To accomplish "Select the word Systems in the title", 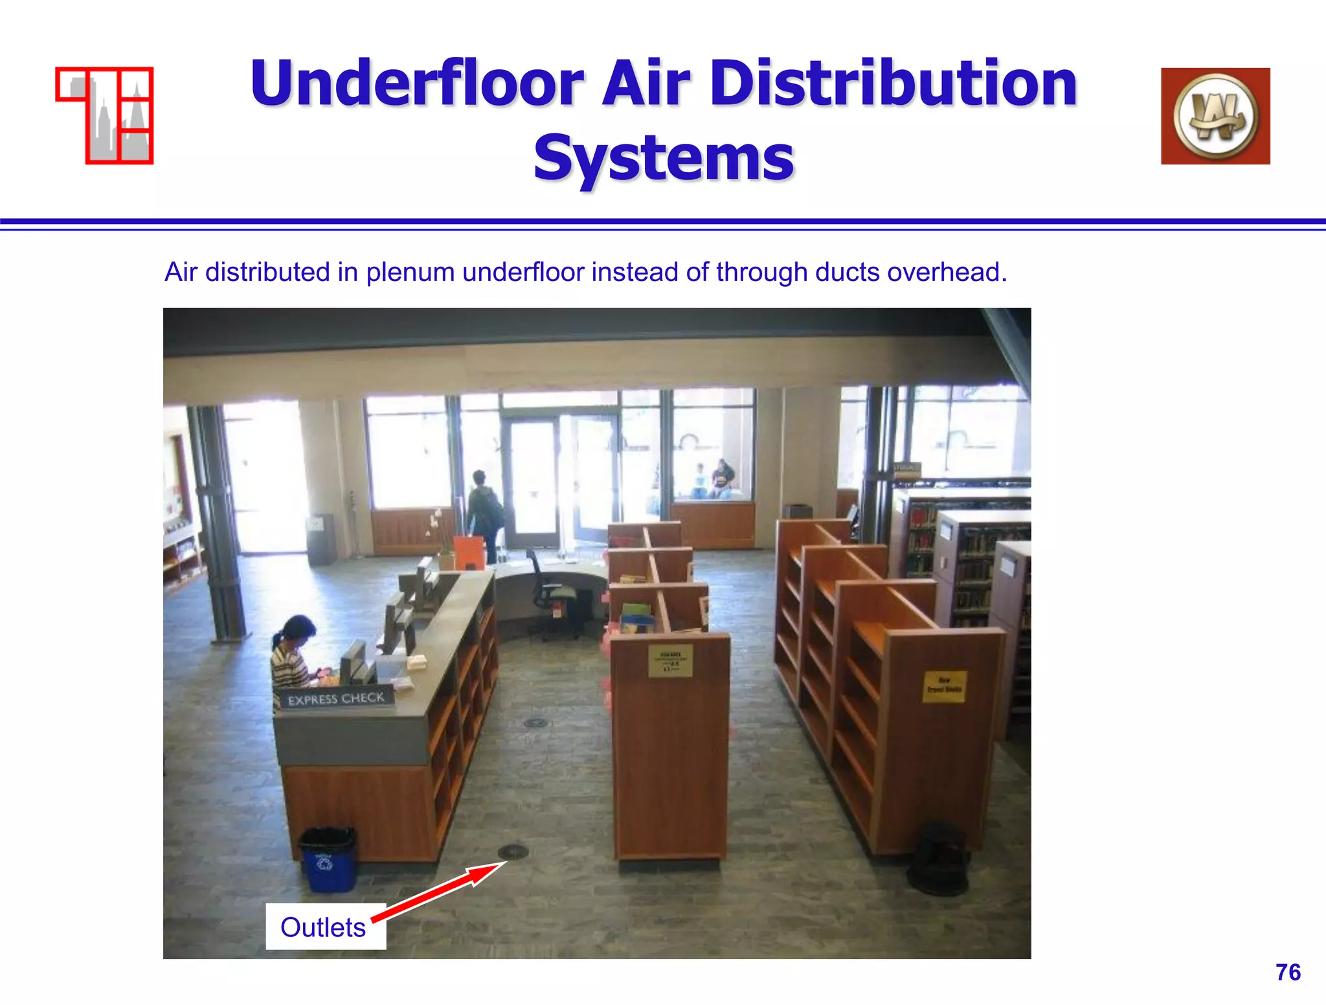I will (x=664, y=159).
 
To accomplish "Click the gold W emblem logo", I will (x=1215, y=116).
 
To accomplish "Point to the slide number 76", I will (x=1288, y=972).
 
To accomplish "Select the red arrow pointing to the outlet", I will (x=437, y=891).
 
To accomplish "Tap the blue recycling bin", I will (x=328, y=859).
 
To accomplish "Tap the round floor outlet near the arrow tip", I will (x=513, y=851).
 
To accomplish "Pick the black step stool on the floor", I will (x=938, y=859).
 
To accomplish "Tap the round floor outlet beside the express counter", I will (x=535, y=721).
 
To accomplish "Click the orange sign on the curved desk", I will (x=468, y=552).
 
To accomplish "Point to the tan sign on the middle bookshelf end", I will (x=670, y=661).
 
